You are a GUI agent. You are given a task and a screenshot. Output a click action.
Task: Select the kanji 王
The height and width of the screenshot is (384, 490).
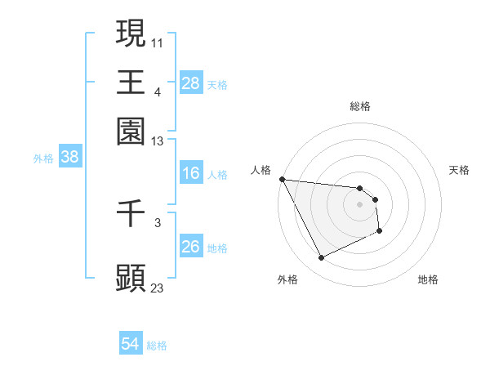(x=131, y=82)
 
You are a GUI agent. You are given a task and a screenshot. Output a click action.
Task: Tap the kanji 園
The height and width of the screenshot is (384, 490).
(x=131, y=130)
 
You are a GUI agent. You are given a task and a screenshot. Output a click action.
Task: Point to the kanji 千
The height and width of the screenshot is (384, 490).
(x=131, y=214)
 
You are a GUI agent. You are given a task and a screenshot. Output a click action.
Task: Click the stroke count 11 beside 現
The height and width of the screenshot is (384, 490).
(x=158, y=42)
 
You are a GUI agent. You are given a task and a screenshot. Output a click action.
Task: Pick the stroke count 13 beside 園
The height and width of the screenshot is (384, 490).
(x=158, y=141)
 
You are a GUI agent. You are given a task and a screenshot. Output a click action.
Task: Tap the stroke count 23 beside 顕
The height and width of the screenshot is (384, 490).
(x=158, y=288)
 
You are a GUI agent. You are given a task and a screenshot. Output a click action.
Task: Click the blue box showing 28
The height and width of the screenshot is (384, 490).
(x=190, y=83)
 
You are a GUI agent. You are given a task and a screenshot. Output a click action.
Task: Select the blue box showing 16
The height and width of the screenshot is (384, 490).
(x=190, y=173)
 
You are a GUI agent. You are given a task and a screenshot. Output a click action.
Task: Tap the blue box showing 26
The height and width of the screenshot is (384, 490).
(x=190, y=247)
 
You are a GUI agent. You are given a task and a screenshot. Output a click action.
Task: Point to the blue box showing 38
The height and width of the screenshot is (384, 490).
(x=69, y=158)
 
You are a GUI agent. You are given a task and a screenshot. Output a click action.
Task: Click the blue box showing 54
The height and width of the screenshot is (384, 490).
(x=130, y=344)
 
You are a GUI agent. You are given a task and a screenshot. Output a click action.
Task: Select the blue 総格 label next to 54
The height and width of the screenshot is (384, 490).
(x=157, y=346)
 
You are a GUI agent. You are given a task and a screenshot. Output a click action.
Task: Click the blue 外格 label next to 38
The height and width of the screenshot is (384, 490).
(x=43, y=159)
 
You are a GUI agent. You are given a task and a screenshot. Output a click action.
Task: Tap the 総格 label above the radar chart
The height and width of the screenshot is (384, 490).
(x=359, y=106)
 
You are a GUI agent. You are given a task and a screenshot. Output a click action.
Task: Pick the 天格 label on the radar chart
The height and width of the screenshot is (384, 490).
(x=459, y=170)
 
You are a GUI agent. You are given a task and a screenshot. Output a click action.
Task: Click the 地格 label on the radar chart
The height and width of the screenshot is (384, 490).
(x=428, y=279)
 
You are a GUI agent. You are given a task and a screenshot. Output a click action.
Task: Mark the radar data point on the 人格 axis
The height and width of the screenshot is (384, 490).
(x=282, y=179)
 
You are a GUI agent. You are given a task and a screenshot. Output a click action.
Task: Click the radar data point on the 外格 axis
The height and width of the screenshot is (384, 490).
(x=321, y=258)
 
